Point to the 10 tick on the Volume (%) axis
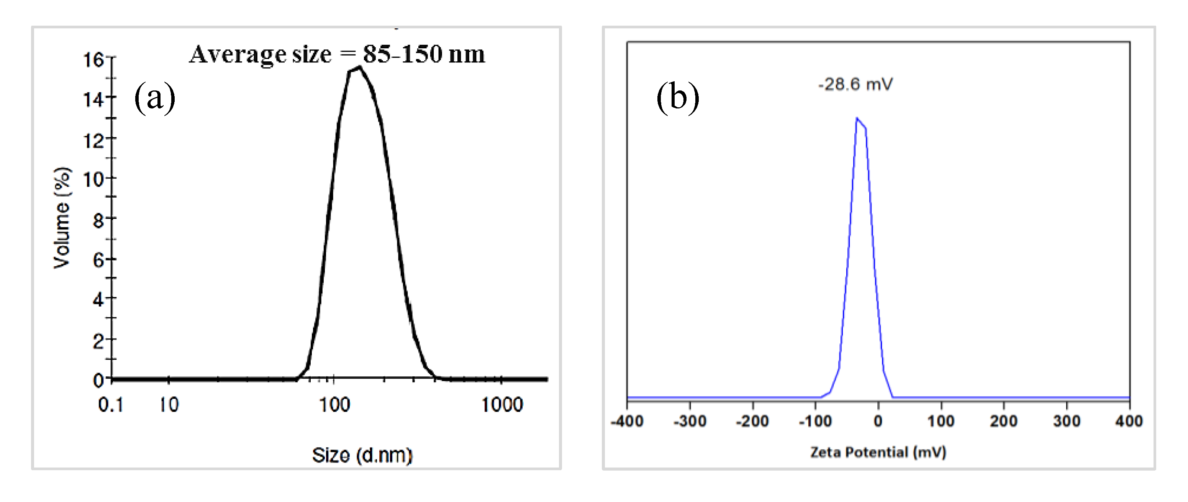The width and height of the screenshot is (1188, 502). [93, 179]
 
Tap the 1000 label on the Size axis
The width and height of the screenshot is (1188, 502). [502, 405]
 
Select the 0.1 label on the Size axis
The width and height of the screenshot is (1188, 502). [111, 405]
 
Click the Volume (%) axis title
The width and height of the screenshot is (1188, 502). [62, 218]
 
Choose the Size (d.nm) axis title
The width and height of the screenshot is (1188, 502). [362, 455]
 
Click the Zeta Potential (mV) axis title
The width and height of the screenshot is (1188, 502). [878, 452]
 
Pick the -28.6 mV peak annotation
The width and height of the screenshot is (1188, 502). [855, 84]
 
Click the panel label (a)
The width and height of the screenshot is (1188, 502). [154, 97]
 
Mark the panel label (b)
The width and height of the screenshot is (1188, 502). [677, 97]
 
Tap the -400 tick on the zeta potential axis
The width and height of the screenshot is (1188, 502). [627, 421]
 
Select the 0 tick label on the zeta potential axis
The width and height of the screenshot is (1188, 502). [878, 421]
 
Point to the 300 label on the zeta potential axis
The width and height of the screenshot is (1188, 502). [1067, 421]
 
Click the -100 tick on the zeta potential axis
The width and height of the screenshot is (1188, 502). [815, 421]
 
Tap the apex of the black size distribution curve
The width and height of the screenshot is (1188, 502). [359, 67]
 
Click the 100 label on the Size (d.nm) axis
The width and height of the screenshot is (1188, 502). [335, 405]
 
